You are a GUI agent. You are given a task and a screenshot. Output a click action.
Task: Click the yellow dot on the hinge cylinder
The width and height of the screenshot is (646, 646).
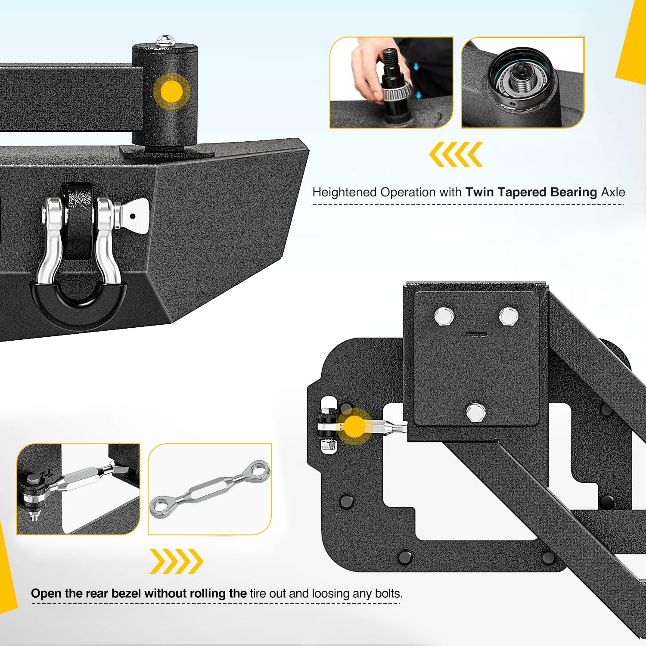click(x=171, y=91)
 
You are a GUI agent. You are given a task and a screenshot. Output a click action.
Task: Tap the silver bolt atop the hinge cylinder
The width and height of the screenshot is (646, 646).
click(x=165, y=40)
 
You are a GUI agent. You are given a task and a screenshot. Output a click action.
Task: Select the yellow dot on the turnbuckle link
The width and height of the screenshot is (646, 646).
click(x=354, y=426)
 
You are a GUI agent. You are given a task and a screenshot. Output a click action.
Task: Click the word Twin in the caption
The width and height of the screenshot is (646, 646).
click(x=480, y=192)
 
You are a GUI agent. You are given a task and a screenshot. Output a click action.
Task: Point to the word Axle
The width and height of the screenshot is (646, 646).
click(x=613, y=192)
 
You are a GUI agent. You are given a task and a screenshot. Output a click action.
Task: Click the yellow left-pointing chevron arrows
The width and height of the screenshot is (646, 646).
click(x=456, y=154)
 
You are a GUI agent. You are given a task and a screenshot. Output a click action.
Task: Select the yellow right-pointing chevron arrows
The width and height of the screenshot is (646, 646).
click(x=176, y=561)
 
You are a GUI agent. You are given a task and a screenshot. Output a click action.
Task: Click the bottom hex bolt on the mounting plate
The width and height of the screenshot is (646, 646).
click(x=476, y=412)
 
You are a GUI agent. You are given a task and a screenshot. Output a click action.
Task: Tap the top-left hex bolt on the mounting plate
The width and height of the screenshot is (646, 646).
click(x=444, y=317)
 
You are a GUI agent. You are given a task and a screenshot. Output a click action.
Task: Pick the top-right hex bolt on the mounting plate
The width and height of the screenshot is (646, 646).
click(x=509, y=316)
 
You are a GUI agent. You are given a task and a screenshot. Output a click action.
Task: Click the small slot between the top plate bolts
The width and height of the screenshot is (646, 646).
click(x=477, y=334)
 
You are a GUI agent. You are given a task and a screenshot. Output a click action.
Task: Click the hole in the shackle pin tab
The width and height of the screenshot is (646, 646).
click(x=133, y=216)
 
